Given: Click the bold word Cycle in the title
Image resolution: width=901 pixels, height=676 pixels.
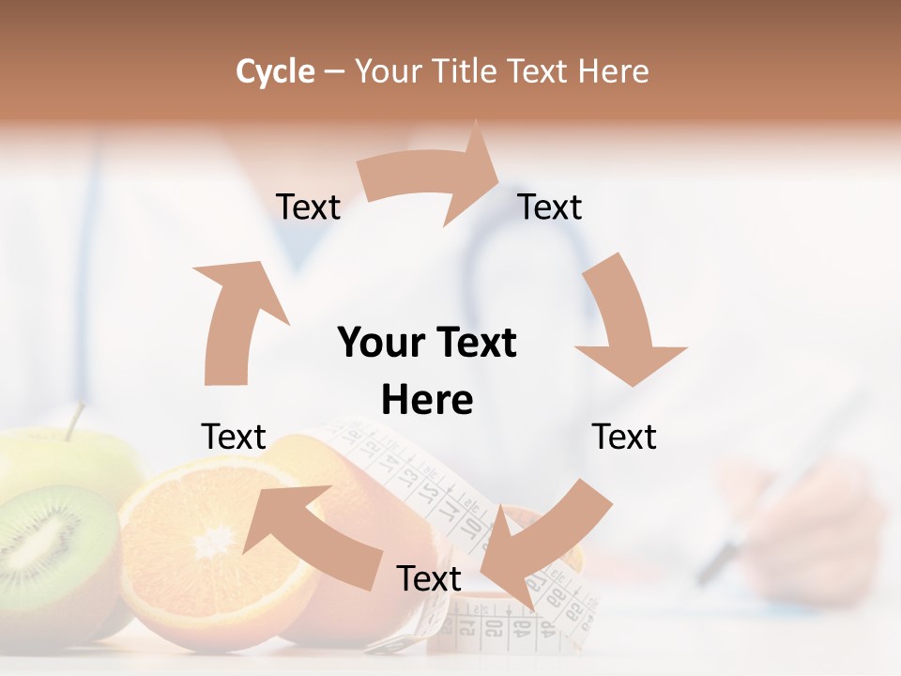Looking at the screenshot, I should [x=275, y=71].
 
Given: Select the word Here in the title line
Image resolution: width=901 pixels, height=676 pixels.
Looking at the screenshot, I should [x=615, y=71].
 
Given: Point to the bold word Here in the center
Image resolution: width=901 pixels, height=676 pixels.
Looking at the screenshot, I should [x=427, y=400].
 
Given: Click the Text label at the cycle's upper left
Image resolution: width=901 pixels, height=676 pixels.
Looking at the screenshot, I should [x=308, y=207].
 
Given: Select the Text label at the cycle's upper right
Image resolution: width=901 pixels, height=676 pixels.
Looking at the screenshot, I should [x=550, y=207].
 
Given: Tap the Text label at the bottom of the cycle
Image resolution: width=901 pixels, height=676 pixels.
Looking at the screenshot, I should [x=429, y=578].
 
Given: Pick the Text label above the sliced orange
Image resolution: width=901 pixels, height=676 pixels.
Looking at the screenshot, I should [x=234, y=437].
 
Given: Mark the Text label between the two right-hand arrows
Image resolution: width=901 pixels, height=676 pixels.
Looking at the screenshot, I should [x=624, y=437].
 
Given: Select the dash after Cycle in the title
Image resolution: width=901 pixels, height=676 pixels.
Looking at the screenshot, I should [x=334, y=72].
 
